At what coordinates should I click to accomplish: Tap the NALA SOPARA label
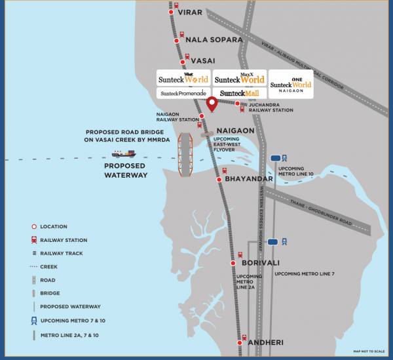pos(214,40)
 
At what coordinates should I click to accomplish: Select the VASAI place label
pos(203,61)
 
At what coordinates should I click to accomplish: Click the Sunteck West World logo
pos(183,78)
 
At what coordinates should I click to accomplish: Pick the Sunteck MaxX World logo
pos(240,78)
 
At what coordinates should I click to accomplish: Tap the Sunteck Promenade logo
pos(183,94)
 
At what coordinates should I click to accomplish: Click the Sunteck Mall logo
pos(240,94)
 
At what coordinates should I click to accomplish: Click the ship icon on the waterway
pos(123,153)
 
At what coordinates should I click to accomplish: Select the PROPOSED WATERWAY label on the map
pos(126,170)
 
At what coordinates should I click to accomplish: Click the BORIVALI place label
pos(261,263)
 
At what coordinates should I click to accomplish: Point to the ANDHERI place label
pos(265,342)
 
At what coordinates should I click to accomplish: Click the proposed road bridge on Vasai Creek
pos(185,154)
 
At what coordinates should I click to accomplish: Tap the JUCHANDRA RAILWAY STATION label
pos(271,106)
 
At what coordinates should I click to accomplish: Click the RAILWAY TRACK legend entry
pos(61,253)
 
